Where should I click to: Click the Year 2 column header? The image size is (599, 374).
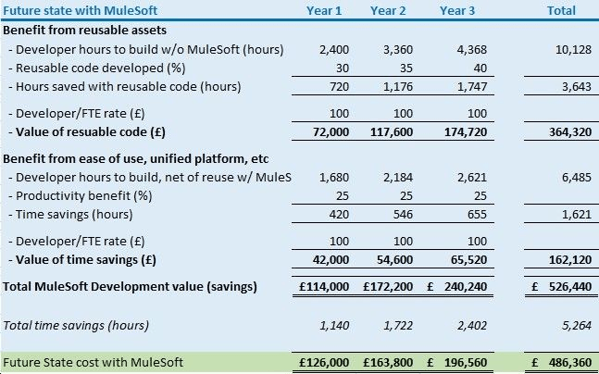pyautogui.click(x=388, y=11)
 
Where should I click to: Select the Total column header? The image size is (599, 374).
pyautogui.click(x=561, y=11)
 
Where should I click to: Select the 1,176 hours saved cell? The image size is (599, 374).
pyautogui.click(x=389, y=87)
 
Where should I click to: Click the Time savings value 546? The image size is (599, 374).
pyautogui.click(x=393, y=215)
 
